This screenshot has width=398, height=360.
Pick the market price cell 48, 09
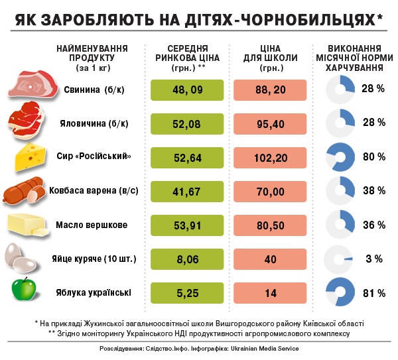tap(187, 89)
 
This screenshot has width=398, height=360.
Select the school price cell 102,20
tap(270, 157)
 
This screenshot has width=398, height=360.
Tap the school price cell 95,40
tap(270, 123)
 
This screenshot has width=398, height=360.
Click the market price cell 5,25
tap(187, 292)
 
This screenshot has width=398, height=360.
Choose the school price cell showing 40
tap(270, 259)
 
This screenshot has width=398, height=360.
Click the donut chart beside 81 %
tap(343, 292)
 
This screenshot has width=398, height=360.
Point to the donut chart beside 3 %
tap(343, 259)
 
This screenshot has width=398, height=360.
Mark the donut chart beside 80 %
tap(343, 157)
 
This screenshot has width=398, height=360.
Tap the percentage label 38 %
tap(373, 191)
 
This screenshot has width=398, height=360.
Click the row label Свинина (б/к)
tap(95, 90)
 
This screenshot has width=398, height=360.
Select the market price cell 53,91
tap(187, 225)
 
